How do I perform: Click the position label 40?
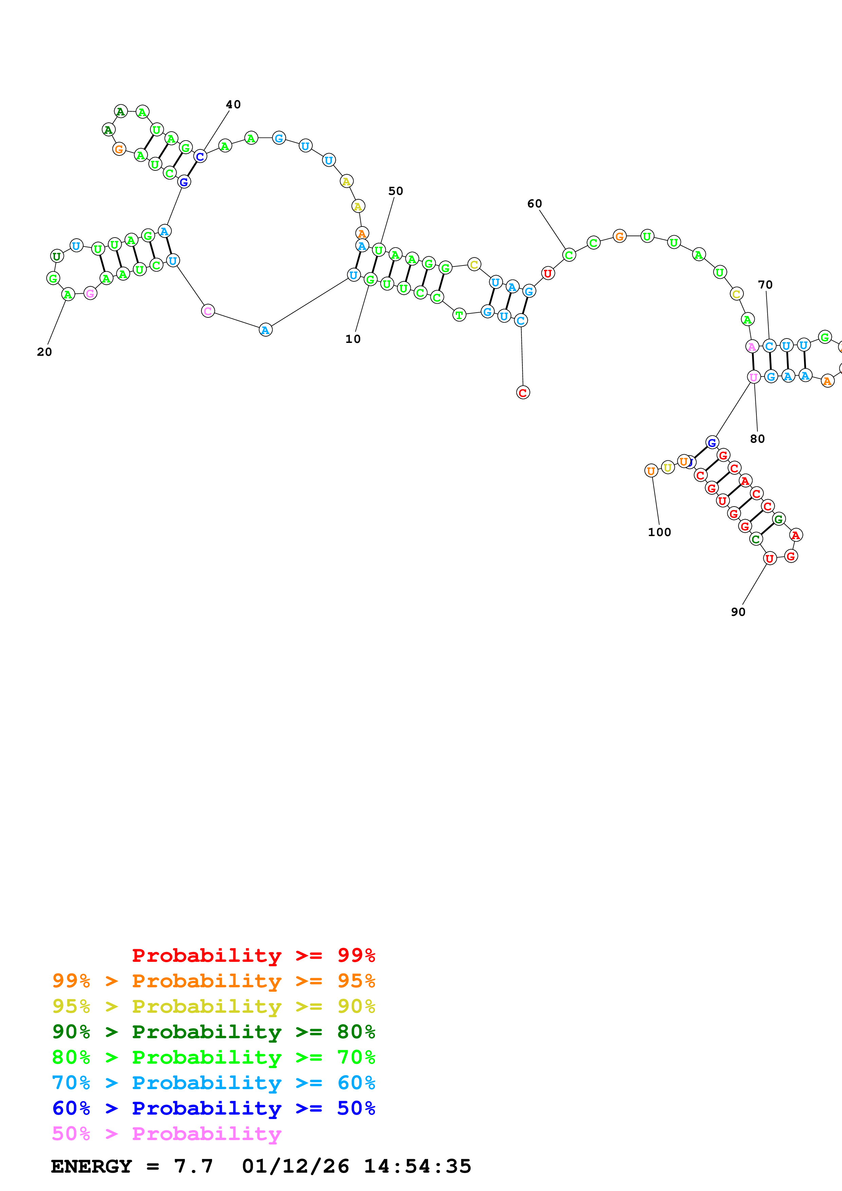(x=233, y=104)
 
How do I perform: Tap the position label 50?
(x=395, y=191)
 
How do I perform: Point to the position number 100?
(x=659, y=532)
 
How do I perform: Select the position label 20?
(x=44, y=352)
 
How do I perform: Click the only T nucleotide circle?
(x=459, y=315)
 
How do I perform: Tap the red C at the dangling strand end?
(x=523, y=393)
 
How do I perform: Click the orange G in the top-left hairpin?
(x=119, y=149)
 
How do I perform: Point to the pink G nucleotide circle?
(x=90, y=294)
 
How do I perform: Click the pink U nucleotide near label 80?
(x=753, y=377)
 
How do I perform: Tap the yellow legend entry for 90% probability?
(x=213, y=1006)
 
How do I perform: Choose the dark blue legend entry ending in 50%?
(x=213, y=1108)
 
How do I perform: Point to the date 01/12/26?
(x=295, y=1166)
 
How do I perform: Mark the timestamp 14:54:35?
(x=417, y=1166)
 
